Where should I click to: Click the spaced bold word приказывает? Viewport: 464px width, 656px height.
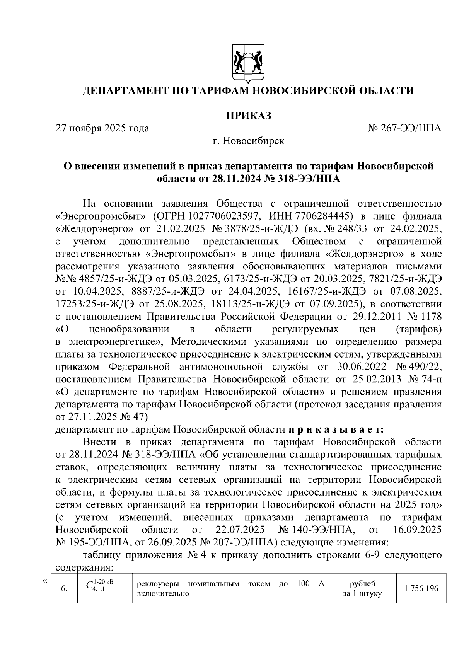(x=335, y=429)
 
